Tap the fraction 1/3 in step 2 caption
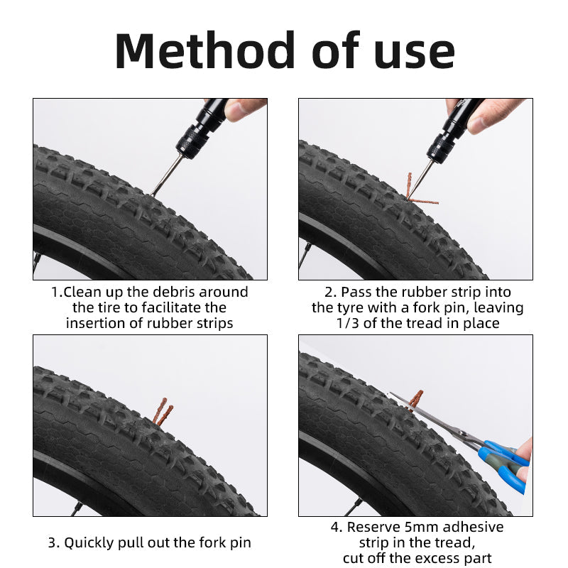347,323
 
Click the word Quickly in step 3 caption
91,542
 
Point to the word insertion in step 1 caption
94,323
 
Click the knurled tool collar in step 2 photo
441,148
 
